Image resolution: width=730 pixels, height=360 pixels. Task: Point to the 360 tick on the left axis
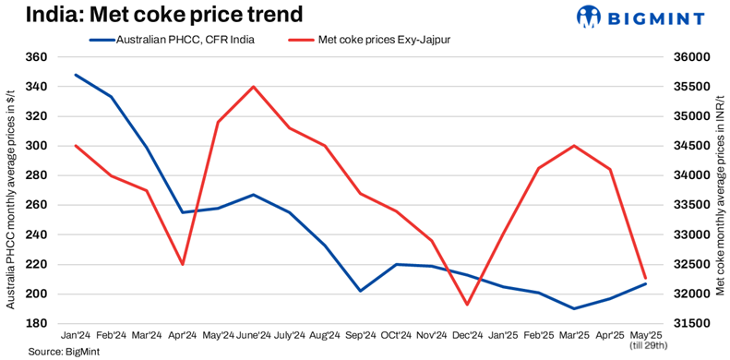pos(35,57)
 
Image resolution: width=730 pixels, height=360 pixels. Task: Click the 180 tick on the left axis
pos(35,324)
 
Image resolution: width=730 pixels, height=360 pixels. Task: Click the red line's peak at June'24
pos(254,87)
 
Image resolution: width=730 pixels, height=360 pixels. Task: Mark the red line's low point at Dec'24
pos(467,305)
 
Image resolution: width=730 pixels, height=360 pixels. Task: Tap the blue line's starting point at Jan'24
pos(76,75)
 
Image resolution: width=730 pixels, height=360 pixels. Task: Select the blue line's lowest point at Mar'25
pos(573,308)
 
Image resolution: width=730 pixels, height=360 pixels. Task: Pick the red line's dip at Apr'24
pos(183,264)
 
